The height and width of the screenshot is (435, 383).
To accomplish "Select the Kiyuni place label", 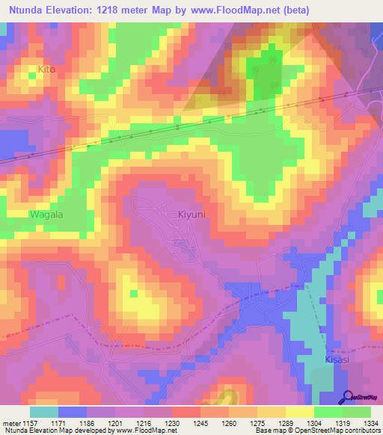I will pos(192,215).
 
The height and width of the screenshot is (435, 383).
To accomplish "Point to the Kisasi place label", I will pos(338,360).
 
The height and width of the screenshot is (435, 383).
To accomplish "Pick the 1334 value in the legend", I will pos(369,422).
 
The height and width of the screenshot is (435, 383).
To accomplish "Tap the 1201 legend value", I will pos(122,422).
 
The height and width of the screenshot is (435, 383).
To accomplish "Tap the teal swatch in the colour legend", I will pos(43,411).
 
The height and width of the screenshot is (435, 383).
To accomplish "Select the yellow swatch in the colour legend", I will pos(299,411).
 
